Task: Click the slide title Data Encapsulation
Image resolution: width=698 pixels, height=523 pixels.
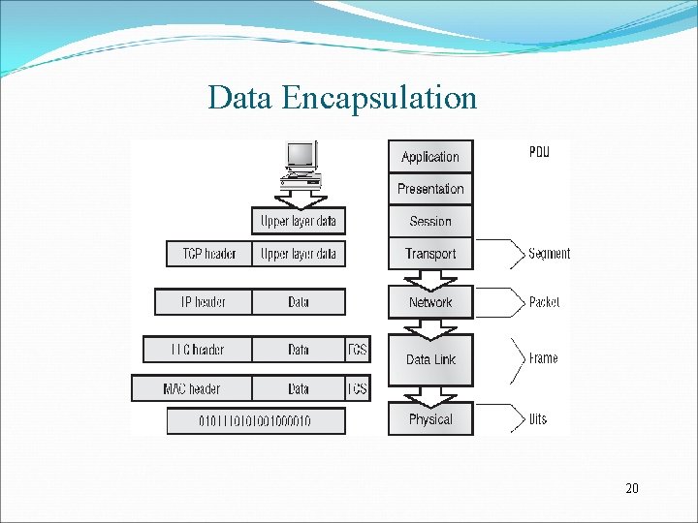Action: [x=342, y=98]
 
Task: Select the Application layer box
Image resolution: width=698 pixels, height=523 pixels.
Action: [x=430, y=157]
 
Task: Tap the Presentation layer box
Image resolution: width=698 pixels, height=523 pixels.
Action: [x=430, y=189]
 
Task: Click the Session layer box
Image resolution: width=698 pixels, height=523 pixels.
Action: [x=430, y=221]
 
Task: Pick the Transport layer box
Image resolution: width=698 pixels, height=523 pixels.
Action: [x=430, y=254]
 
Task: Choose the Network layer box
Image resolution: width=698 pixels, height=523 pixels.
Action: [x=430, y=302]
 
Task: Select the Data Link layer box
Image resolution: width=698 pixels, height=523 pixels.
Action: [x=430, y=359]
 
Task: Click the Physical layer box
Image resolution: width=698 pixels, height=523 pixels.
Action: [x=430, y=419]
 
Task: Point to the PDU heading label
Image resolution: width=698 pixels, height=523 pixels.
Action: [x=539, y=152]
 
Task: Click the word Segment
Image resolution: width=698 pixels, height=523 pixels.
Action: [x=549, y=254]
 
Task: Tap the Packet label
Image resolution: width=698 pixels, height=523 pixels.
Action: [x=544, y=302]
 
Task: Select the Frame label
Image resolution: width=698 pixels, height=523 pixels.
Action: [x=543, y=358]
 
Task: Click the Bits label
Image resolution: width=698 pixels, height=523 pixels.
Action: [x=537, y=419]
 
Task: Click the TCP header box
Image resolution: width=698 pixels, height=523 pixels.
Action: [x=209, y=254]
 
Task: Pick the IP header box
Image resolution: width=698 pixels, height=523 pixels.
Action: [x=204, y=302]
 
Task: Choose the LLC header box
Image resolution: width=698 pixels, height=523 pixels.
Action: [x=198, y=350]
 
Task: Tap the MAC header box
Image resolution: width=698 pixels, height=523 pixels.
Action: [x=192, y=389]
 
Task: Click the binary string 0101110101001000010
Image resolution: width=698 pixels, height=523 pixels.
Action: [x=256, y=421]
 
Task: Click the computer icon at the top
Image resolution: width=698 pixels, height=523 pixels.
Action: [x=300, y=164]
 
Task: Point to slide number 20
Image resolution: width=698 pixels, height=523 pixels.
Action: [x=632, y=489]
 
